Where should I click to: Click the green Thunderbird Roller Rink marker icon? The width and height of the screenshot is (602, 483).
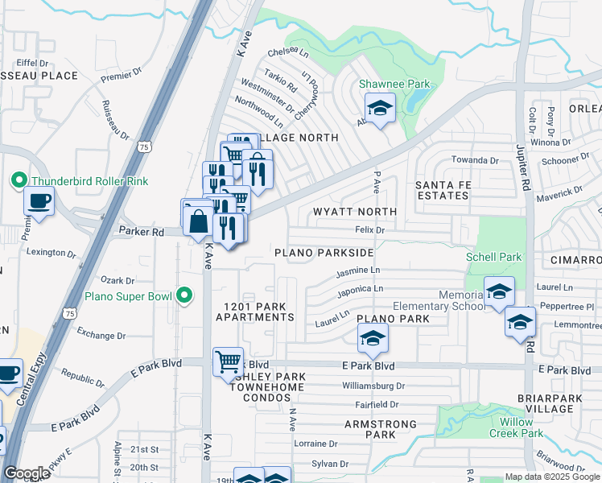point(15,181)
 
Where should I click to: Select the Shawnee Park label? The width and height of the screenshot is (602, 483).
point(395,84)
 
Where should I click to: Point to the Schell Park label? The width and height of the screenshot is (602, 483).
point(493,258)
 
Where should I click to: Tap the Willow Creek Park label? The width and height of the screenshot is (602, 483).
point(516,427)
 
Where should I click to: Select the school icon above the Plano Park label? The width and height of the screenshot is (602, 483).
point(373,339)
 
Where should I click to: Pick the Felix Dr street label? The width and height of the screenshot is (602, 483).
point(371,230)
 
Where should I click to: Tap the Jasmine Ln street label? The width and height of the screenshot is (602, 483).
point(358,270)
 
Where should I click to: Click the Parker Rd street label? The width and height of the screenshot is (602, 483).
point(142,232)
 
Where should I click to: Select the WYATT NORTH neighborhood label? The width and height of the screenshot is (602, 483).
point(356,211)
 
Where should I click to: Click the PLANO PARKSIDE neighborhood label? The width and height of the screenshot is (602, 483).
point(324,253)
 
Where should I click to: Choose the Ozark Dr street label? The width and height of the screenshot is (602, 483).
point(117,280)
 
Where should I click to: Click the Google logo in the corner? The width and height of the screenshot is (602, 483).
point(27,473)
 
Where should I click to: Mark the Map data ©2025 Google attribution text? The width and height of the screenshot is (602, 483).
point(551,477)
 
